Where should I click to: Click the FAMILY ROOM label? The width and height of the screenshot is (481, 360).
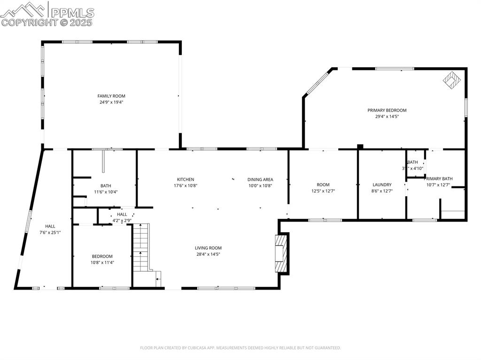[111, 96]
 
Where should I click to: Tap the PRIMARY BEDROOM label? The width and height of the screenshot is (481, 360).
[387, 110]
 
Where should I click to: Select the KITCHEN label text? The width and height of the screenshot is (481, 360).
[186, 179]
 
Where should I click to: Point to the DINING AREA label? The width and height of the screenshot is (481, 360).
[260, 179]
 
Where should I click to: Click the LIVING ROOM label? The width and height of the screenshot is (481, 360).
[208, 248]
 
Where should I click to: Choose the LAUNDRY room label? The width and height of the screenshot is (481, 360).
[382, 185]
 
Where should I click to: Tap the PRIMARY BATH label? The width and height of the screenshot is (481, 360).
[438, 179]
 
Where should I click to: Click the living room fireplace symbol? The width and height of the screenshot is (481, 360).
[280, 253]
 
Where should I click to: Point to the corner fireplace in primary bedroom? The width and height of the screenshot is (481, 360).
[452, 80]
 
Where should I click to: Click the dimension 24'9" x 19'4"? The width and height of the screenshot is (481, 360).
[111, 102]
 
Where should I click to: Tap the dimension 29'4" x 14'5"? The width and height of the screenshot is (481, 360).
[387, 116]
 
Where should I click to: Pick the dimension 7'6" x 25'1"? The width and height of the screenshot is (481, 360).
[50, 232]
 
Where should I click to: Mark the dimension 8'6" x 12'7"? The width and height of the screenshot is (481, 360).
[382, 191]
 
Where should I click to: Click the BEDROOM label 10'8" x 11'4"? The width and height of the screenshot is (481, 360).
[102, 256]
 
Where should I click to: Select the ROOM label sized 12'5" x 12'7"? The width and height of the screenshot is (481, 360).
[323, 185]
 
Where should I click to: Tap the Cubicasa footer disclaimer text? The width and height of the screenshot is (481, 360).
[240, 348]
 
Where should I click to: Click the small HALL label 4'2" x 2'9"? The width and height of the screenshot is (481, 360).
[122, 214]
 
